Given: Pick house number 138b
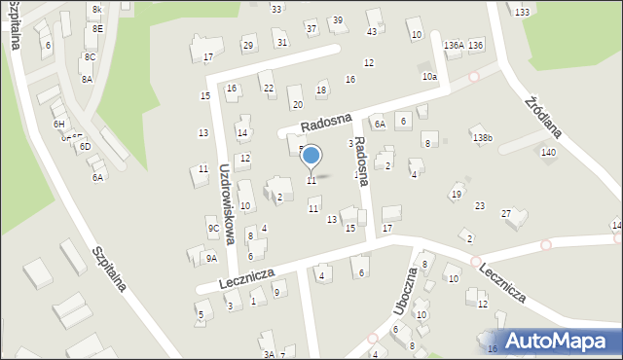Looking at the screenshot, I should click(x=483, y=138).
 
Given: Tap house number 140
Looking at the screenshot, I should click(x=549, y=153).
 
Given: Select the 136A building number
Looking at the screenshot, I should click(x=453, y=46).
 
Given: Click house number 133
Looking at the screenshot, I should click(x=523, y=12).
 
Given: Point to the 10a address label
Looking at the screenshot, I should click(x=429, y=76).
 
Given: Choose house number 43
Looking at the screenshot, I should click(x=372, y=32).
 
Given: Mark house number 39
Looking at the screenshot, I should click(x=338, y=20).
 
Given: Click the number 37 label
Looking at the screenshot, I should click(x=311, y=28).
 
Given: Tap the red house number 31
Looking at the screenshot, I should click(x=281, y=42).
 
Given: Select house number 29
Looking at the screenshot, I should click(x=248, y=46).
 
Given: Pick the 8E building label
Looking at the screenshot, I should click(x=98, y=29).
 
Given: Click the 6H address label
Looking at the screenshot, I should click(x=59, y=124).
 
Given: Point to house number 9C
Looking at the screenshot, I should click(x=213, y=229).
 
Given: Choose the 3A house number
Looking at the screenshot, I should click(x=268, y=355).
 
